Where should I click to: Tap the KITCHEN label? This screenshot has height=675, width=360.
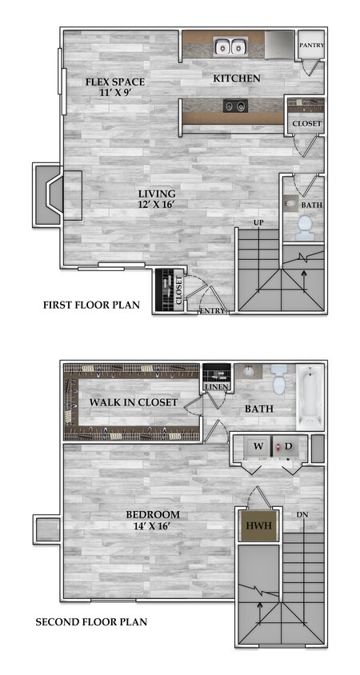[x=236, y=78]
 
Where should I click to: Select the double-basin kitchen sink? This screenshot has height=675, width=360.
[x=230, y=48]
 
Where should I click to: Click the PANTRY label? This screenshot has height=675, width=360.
[x=311, y=46]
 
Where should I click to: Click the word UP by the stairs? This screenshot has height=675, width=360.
[x=258, y=222]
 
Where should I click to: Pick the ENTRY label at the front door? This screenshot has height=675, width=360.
[x=212, y=311]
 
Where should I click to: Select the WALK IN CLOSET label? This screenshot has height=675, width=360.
[x=134, y=401]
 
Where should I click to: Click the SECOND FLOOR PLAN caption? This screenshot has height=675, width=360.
[x=91, y=621]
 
